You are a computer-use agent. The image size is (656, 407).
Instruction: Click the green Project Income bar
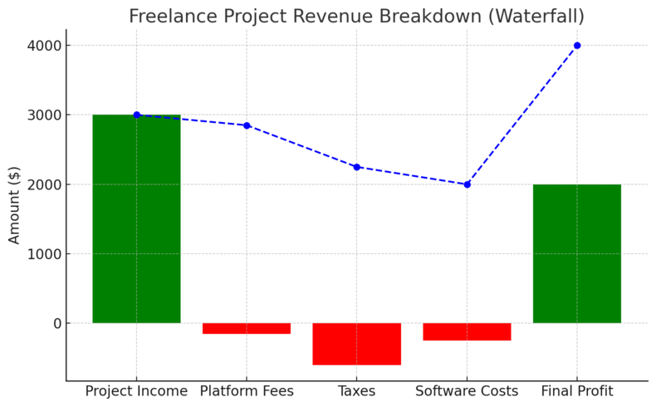click(x=136, y=218)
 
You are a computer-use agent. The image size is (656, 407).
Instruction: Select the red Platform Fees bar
click(x=247, y=328)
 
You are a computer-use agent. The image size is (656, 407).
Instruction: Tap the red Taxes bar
click(x=356, y=344)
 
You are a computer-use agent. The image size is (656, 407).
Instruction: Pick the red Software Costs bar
click(x=467, y=331)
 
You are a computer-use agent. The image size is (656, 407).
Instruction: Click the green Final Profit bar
click(x=576, y=253)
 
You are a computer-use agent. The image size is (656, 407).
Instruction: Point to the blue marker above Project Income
click(x=136, y=115)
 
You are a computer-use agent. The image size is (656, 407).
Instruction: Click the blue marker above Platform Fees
click(x=247, y=125)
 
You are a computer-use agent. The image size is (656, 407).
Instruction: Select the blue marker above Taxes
click(x=356, y=167)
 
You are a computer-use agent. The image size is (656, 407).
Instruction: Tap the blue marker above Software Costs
click(x=467, y=184)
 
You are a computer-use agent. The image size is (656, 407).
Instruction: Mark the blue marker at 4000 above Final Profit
click(x=577, y=46)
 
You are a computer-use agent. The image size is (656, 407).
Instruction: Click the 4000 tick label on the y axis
click(x=43, y=46)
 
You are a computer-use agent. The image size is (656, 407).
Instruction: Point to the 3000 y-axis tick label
click(x=43, y=115)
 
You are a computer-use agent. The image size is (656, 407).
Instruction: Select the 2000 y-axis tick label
click(x=43, y=184)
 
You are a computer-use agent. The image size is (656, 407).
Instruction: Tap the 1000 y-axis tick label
click(x=43, y=253)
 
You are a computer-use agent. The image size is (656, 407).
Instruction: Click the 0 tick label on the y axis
click(x=56, y=323)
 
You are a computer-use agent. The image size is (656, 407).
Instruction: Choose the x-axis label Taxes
click(x=356, y=391)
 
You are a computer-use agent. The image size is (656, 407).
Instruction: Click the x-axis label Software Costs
click(x=467, y=391)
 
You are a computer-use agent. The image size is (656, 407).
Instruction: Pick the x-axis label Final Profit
click(x=576, y=391)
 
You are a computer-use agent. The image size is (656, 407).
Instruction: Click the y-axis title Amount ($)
click(x=15, y=203)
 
